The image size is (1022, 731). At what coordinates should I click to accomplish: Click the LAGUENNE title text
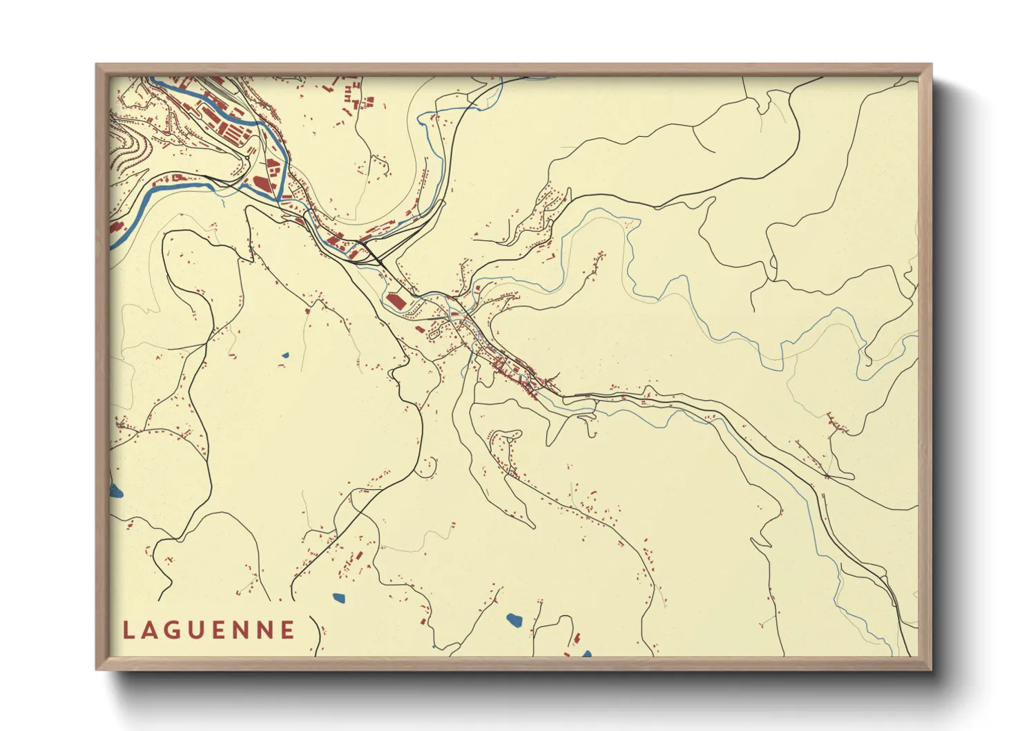pyautogui.click(x=209, y=630)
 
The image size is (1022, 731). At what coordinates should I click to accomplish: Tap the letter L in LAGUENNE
pyautogui.click(x=128, y=630)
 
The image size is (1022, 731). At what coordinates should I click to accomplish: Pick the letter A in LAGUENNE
pyautogui.click(x=151, y=630)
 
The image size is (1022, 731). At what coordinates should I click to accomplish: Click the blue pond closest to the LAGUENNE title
pyautogui.click(x=338, y=598)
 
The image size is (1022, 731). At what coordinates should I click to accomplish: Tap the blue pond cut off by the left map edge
pyautogui.click(x=116, y=491)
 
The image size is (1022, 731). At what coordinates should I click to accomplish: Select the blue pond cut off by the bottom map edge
pyautogui.click(x=587, y=653)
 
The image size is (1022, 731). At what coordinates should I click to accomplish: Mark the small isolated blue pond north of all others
pyautogui.click(x=285, y=356)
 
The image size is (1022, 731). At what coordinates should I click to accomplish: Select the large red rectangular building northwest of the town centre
pyautogui.click(x=394, y=301)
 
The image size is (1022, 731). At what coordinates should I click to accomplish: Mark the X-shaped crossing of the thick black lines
pyautogui.click(x=376, y=260)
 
